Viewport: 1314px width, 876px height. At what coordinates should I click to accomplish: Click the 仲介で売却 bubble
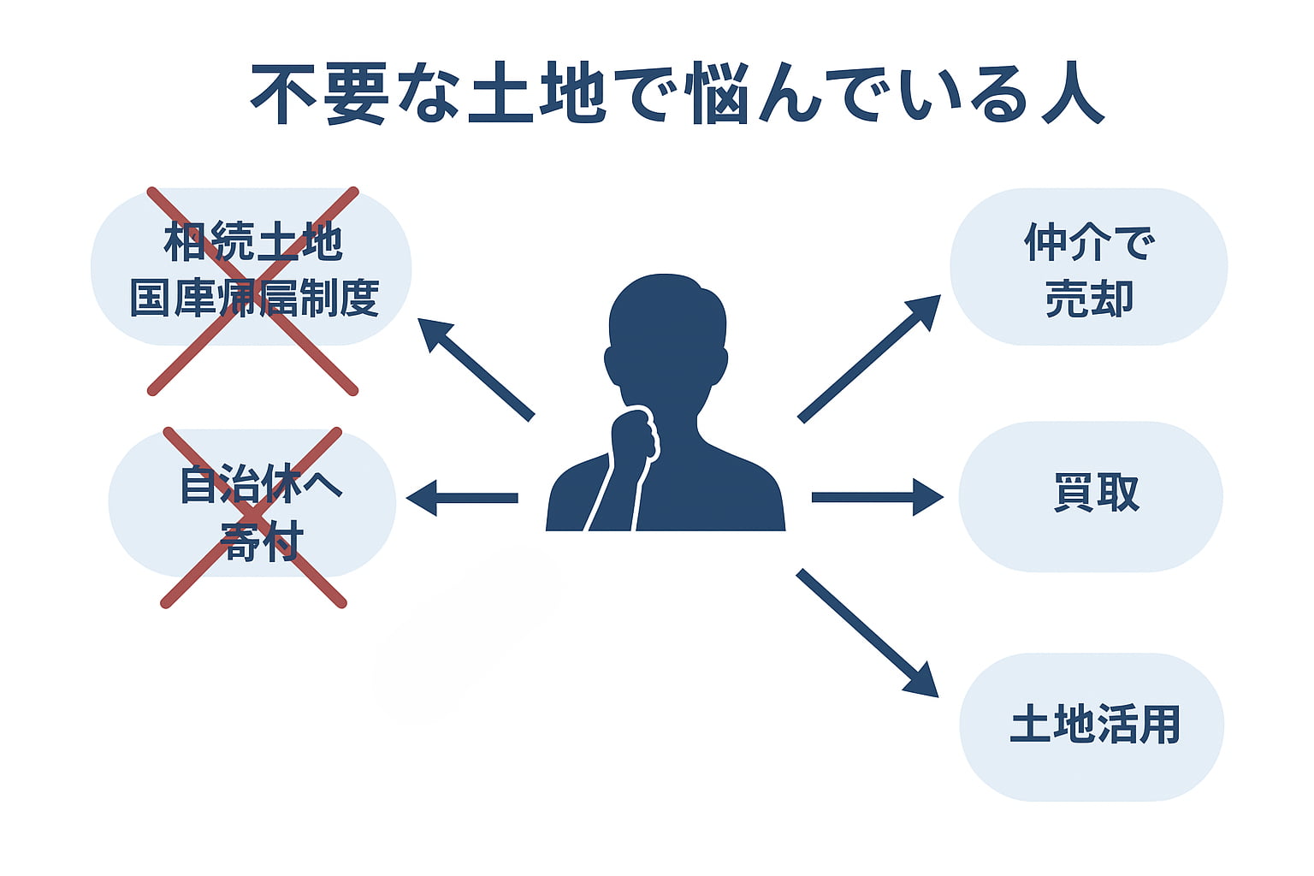[x=1088, y=267]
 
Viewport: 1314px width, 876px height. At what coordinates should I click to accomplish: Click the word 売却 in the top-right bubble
[x=1089, y=299]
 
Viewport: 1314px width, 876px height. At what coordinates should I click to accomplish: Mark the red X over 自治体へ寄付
[x=253, y=518]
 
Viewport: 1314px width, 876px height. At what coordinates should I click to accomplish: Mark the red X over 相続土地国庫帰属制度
[x=253, y=291]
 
